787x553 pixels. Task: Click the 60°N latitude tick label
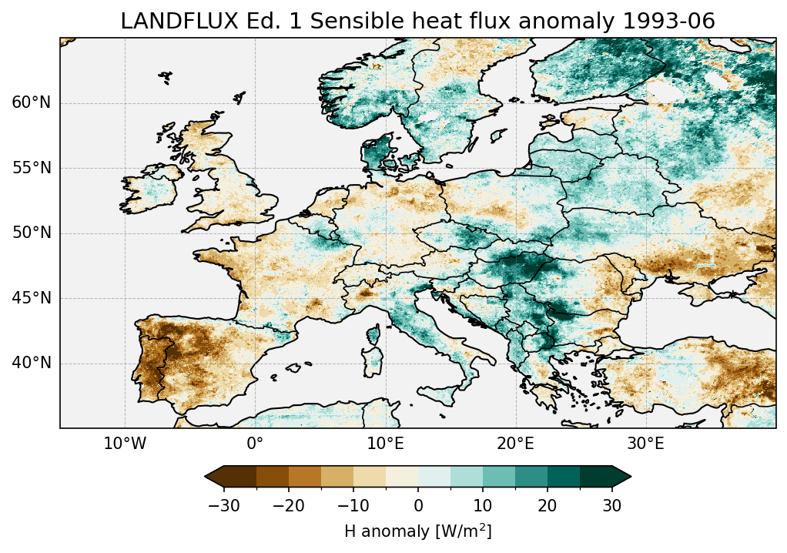click(x=31, y=102)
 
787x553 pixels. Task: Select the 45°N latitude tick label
click(x=31, y=298)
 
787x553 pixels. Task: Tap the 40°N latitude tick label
click(x=31, y=363)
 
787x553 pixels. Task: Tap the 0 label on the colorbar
click(x=418, y=506)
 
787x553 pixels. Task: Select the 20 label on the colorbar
click(x=548, y=506)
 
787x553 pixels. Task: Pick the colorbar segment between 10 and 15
click(x=499, y=477)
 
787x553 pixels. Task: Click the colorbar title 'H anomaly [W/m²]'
click(x=417, y=531)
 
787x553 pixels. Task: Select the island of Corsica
click(x=376, y=334)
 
